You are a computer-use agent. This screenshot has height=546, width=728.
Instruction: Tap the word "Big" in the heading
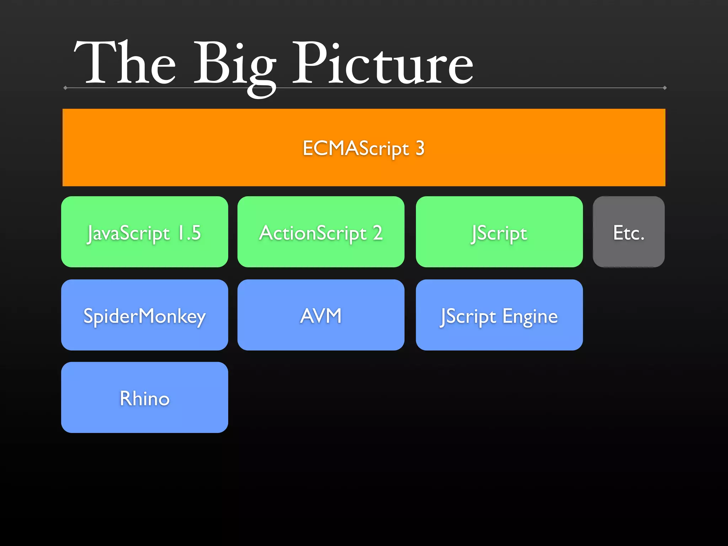point(235,66)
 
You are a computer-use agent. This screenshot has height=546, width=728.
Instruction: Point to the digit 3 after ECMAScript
point(420,148)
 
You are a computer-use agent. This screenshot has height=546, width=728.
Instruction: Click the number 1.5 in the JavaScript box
point(189,233)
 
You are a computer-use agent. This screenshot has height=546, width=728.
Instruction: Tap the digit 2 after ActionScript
point(378,233)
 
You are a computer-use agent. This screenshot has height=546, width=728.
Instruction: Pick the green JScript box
point(499,232)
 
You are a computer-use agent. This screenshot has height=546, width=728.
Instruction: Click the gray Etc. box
point(628,232)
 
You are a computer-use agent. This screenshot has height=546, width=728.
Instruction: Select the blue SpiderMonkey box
point(145,315)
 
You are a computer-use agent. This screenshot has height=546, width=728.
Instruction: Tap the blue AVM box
point(321,315)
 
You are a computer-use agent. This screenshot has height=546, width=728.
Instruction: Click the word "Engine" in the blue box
point(530,316)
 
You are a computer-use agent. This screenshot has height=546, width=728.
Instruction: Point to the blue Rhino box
point(145,397)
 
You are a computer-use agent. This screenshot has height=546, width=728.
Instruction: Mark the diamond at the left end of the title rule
point(65,88)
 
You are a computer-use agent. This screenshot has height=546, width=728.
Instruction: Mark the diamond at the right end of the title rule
point(664,88)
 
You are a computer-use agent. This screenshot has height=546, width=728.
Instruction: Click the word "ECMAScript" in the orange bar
point(356,148)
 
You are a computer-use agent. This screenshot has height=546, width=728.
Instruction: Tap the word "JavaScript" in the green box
point(129,234)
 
